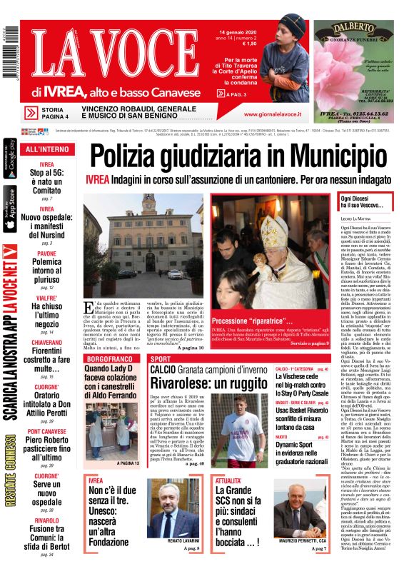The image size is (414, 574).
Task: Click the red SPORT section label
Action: [161, 358]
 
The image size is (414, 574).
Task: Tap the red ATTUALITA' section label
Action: [230, 481]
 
